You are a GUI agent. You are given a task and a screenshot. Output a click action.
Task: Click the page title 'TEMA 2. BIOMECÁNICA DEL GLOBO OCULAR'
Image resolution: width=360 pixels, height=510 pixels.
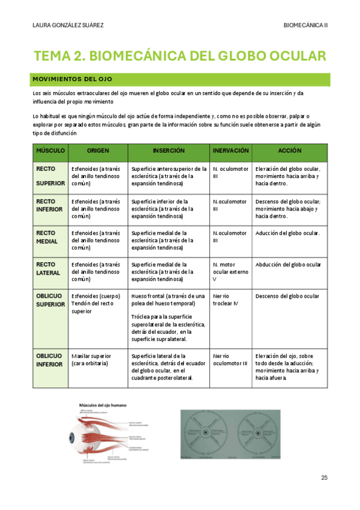180,56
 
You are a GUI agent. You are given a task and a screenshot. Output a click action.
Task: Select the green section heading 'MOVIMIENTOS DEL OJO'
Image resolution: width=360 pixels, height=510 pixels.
72,79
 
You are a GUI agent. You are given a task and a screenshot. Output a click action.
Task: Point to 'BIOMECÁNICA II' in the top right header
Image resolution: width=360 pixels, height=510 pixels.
305,25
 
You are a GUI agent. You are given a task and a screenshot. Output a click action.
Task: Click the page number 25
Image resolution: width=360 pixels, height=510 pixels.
324,478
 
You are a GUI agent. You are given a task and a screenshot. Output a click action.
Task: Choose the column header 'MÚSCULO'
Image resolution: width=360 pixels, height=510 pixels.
50,150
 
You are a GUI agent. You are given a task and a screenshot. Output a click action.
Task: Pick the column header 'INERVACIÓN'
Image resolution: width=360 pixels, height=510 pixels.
231,150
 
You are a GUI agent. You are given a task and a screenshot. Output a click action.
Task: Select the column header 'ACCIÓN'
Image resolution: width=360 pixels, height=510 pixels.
290,150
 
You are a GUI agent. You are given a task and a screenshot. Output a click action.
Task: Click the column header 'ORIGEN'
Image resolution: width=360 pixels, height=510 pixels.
97,150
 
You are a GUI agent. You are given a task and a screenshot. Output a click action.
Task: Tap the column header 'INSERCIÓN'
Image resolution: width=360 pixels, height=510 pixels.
168,150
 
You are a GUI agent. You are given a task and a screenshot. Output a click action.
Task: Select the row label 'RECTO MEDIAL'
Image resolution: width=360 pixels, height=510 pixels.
47,237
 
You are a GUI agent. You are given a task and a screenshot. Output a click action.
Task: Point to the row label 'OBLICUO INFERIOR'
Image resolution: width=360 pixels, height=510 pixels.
50,360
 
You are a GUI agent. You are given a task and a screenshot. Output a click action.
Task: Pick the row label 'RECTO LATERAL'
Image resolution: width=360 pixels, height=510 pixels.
48,268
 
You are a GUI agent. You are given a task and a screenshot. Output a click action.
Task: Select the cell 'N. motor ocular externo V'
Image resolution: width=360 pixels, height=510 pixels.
230,272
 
